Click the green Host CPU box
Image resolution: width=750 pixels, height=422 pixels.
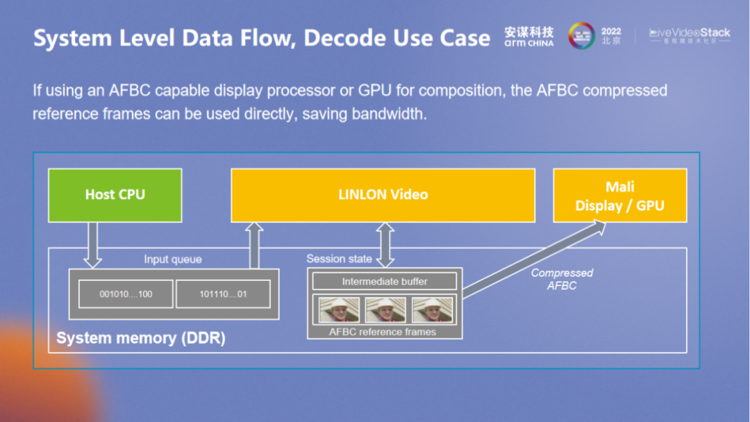coord(115,195)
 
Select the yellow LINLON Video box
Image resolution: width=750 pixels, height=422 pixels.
coord(383,195)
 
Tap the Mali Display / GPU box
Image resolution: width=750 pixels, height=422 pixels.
coord(619,196)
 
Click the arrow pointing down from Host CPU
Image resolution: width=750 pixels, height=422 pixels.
coord(92,245)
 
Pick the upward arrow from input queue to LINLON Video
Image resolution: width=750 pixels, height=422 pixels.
coord(255,245)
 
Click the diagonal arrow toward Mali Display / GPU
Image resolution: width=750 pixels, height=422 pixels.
coord(535,258)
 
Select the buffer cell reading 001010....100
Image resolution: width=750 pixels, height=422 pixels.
coord(126,294)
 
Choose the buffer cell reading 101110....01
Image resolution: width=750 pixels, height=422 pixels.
coord(222,294)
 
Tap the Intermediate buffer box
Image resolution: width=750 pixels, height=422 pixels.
coord(384,281)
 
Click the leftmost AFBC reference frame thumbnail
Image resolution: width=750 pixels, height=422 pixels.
coord(339,310)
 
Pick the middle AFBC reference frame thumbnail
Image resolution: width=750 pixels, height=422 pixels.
coord(385,310)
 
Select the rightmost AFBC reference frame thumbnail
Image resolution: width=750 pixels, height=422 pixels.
coord(431,310)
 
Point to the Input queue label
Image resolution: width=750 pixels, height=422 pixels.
coord(173,260)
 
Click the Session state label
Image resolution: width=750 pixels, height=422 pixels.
coord(339,259)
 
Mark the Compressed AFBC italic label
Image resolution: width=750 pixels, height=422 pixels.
coord(562,279)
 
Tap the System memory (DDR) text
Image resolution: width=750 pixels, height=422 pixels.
coord(141,339)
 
